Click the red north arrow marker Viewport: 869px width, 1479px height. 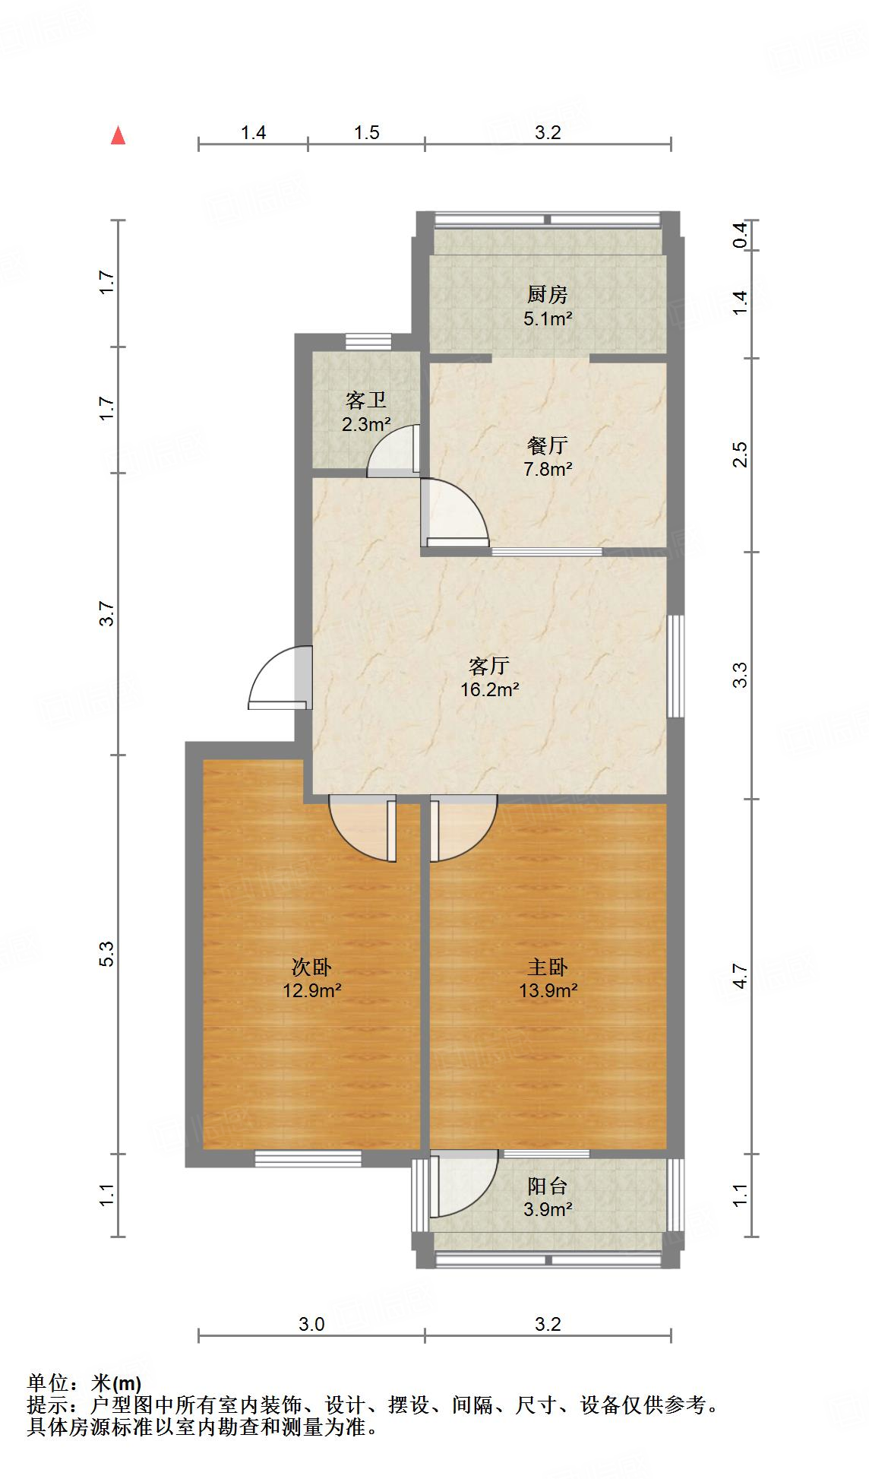point(118,135)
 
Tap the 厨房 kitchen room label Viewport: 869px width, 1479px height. point(547,294)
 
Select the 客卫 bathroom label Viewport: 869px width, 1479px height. point(365,401)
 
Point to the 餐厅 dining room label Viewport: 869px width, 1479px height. point(547,445)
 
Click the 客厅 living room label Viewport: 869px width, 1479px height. point(488,667)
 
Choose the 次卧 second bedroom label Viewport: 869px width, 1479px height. point(311,968)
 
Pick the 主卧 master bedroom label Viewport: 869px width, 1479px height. point(548,967)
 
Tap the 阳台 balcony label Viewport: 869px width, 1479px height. point(547,1186)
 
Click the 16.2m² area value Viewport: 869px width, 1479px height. point(489,690)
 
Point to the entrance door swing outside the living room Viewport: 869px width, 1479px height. point(278,678)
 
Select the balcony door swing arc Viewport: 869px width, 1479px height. point(463,1186)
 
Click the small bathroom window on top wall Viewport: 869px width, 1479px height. point(368,342)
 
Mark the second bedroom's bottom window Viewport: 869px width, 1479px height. point(308,1158)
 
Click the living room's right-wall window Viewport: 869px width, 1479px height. point(675,666)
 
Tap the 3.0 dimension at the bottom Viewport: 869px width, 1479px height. point(311,1325)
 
